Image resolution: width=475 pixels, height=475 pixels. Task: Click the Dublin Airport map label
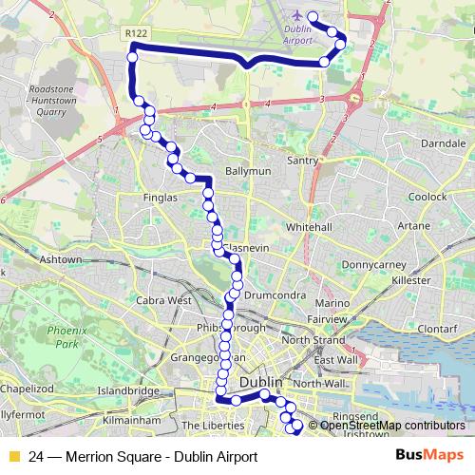click(298, 35)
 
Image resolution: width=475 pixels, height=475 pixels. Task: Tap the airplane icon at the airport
click(298, 16)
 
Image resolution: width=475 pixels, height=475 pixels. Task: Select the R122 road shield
click(136, 32)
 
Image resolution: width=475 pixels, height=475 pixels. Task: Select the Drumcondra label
click(273, 295)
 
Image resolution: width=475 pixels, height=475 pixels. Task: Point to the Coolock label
click(428, 197)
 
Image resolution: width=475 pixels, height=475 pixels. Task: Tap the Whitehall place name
click(309, 228)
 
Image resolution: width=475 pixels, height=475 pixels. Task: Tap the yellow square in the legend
click(12, 457)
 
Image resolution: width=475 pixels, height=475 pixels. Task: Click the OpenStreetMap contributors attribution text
click(392, 426)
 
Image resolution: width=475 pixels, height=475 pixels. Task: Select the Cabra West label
click(164, 300)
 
